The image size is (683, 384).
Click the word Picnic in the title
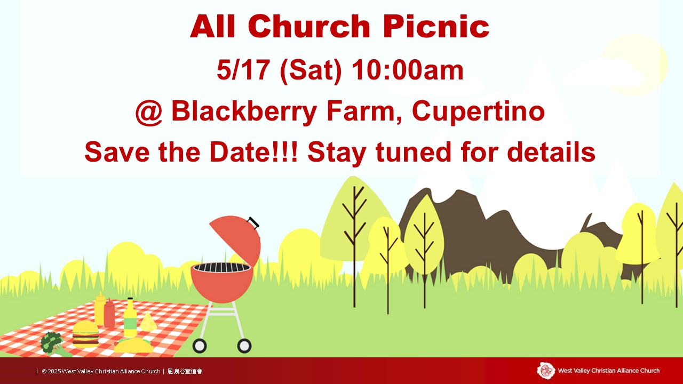pos(436,27)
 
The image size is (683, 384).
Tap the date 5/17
pos(243,70)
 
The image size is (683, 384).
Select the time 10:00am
pos(407,70)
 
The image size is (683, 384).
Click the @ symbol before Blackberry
pos(149,111)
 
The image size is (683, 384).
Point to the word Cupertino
pos(478,112)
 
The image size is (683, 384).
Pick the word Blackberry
pos(244,112)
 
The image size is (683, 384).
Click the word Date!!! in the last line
pos(253,151)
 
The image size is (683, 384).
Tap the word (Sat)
pos(311,71)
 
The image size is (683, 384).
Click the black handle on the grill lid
pos(253,222)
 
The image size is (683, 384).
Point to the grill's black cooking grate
pos(222,268)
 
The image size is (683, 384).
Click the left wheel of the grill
pos(200,346)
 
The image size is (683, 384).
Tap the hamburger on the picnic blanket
pos(86,334)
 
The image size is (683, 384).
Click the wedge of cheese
pos(148,321)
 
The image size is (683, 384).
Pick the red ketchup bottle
pos(109,313)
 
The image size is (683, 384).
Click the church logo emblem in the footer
pos(546,371)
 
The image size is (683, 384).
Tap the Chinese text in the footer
pos(185,371)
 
